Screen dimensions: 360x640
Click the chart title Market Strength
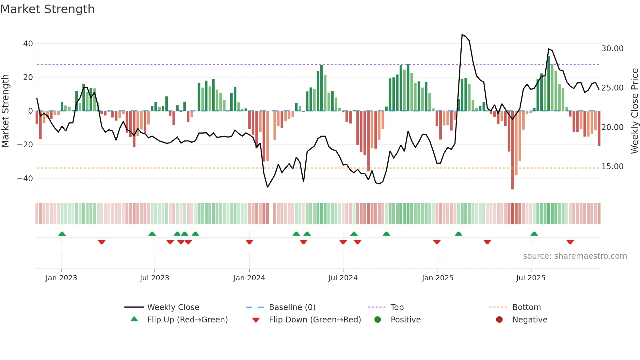pyautogui.click(x=48, y=9)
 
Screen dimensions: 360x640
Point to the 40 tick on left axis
pyautogui.click(x=28, y=43)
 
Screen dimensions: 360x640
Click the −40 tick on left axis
pyautogui.click(x=25, y=178)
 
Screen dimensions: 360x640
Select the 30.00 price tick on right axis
pyautogui.click(x=612, y=49)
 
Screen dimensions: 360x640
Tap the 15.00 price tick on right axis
pyautogui.click(x=612, y=167)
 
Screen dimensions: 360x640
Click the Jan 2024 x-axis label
pyautogui.click(x=249, y=278)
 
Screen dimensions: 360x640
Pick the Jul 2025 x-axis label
pyautogui.click(x=531, y=278)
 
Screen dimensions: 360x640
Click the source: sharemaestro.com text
pyautogui.click(x=575, y=256)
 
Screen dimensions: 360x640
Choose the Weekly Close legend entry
pyautogui.click(x=173, y=307)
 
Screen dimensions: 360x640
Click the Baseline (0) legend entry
pyautogui.click(x=292, y=307)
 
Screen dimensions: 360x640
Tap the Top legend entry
pyautogui.click(x=397, y=307)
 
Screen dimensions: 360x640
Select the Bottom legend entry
pyautogui.click(x=526, y=307)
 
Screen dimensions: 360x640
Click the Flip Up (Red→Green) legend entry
pyautogui.click(x=187, y=320)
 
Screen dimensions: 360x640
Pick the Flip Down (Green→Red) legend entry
pyautogui.click(x=315, y=320)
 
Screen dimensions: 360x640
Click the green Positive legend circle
pyautogui.click(x=378, y=320)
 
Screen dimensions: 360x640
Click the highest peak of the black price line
pyautogui.click(x=462, y=35)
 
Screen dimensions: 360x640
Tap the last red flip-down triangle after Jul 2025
pyautogui.click(x=570, y=242)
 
